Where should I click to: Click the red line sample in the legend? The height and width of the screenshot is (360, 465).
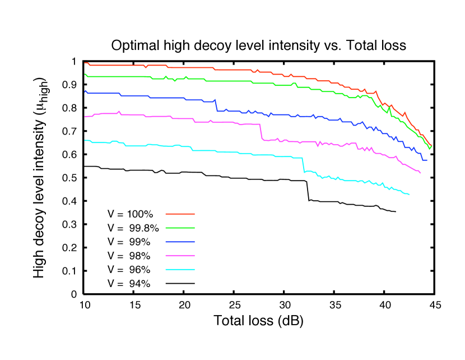(180, 214)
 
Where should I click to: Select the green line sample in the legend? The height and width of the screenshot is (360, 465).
(180, 228)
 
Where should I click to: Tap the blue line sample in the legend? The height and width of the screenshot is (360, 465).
(180, 242)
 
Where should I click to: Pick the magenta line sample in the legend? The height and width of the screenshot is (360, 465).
(180, 255)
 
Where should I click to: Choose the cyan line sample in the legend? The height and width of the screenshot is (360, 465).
(180, 269)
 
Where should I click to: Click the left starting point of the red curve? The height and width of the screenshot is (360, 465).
(85, 63)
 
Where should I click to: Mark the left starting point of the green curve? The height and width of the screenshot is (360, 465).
(85, 74)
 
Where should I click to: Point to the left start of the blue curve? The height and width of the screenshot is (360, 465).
(85, 91)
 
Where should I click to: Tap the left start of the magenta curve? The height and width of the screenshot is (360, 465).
(85, 117)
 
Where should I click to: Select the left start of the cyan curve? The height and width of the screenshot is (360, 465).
(85, 140)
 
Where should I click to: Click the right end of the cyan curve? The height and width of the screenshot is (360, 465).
(410, 195)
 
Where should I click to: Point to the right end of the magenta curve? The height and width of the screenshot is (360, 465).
(420, 173)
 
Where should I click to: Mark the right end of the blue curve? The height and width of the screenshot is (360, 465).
(427, 160)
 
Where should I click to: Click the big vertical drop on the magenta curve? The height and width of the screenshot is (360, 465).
(261, 132)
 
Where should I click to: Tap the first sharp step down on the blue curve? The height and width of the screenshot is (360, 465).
(216, 105)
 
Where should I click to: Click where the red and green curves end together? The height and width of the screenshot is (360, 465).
(431, 146)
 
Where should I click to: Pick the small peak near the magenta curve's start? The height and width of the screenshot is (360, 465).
(119, 111)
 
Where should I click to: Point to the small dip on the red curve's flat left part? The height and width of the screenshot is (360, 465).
(146, 67)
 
